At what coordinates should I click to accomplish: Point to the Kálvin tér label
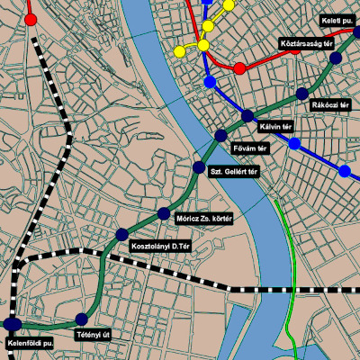coord(276,126)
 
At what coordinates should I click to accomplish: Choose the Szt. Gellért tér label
coord(234,170)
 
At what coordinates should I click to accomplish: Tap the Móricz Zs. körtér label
coord(203,219)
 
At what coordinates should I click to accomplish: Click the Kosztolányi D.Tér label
coord(162,246)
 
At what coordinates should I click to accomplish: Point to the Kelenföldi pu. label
coord(31,343)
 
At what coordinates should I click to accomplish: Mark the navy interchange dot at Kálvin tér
coord(248,115)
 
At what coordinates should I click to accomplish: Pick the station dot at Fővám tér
coord(220,136)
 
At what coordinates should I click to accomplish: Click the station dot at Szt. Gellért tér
coord(200,167)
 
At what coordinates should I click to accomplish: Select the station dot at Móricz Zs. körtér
coord(164,213)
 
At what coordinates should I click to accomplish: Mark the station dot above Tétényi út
coord(82,319)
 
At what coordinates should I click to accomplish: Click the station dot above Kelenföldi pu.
coord(13,324)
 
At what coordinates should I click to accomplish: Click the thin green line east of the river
coord(293,261)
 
